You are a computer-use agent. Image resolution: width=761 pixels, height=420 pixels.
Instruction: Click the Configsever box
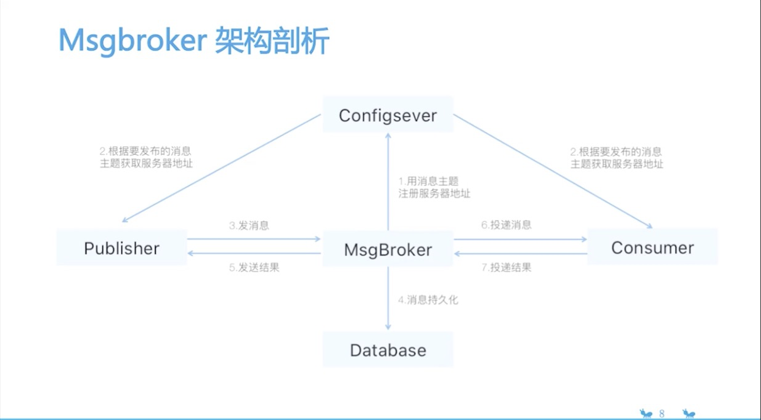tap(388, 115)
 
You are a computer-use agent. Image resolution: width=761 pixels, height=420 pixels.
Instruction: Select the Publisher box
tap(121, 248)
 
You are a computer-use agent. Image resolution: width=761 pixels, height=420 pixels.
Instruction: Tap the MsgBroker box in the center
tap(388, 249)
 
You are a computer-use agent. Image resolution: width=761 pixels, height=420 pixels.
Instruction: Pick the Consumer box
tap(652, 248)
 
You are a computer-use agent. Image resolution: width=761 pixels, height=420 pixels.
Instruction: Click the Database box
tap(388, 350)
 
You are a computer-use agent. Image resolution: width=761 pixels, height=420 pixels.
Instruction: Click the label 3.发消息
tap(249, 225)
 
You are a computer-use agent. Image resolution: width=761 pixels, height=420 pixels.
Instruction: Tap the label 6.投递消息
tap(506, 225)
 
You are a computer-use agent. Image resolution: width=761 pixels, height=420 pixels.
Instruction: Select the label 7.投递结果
tap(506, 267)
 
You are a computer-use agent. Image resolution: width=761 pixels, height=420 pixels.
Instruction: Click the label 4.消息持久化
tap(428, 301)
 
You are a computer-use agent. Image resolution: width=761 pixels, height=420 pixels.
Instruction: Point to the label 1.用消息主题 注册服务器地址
tap(434, 187)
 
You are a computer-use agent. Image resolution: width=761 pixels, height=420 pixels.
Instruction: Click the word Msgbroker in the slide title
tap(132, 41)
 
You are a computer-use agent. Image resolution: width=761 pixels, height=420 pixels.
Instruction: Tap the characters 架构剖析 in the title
tap(272, 41)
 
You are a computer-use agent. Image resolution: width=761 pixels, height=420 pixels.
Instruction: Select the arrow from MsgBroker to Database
tap(388, 299)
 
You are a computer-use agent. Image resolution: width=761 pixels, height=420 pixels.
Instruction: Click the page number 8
tap(662, 413)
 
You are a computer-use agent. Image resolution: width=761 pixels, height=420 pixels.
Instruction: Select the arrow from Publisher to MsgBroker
tap(254, 239)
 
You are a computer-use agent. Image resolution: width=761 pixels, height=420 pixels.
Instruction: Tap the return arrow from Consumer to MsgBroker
tap(521, 253)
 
